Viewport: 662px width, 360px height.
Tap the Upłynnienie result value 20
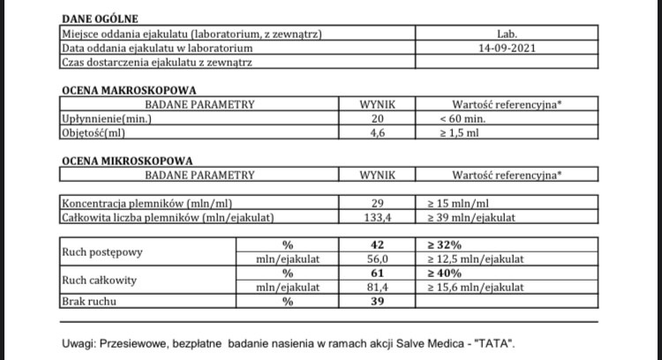(x=378, y=118)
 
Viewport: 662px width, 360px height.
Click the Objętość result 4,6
(x=378, y=132)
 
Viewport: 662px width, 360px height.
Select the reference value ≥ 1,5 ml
(x=461, y=132)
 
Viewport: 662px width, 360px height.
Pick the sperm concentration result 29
(x=378, y=203)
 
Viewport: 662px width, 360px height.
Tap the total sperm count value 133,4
(x=378, y=217)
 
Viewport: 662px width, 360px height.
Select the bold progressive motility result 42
(x=378, y=245)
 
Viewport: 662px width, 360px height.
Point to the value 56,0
(x=378, y=259)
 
